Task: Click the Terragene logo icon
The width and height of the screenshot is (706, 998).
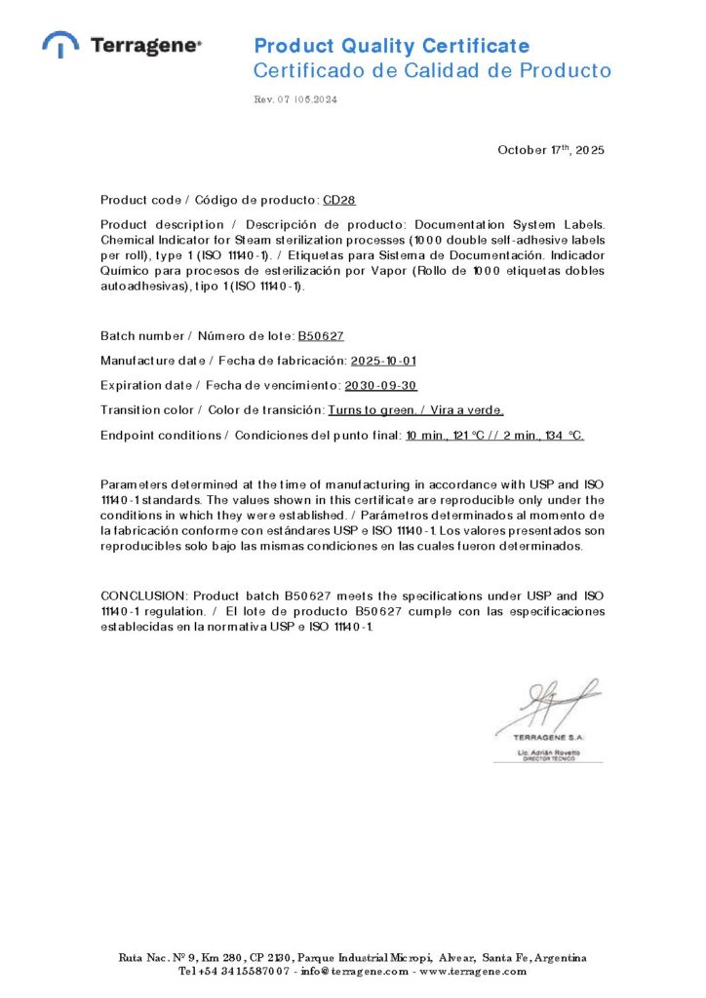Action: tap(60, 44)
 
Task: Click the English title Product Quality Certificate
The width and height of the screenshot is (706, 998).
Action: tap(392, 46)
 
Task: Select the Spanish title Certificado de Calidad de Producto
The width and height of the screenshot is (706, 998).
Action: tap(432, 70)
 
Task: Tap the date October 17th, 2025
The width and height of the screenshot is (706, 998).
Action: tap(551, 150)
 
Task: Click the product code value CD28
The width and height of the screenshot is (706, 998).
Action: tap(339, 200)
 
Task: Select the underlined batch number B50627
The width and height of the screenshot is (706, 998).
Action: tap(321, 336)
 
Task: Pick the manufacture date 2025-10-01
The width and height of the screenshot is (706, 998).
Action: tap(384, 362)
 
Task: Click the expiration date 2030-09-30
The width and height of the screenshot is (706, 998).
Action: tap(381, 386)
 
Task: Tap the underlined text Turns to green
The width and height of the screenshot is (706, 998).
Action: tap(365, 410)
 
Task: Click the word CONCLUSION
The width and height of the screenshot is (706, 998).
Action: tap(142, 595)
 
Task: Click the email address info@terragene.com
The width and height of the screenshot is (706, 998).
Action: tap(356, 971)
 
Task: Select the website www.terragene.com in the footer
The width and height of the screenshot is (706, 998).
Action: tap(473, 971)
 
